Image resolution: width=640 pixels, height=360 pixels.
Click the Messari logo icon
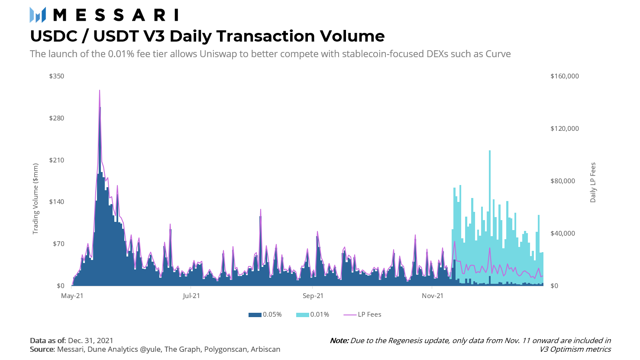point(38,15)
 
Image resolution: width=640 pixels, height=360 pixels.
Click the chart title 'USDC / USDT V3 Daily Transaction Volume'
point(207,36)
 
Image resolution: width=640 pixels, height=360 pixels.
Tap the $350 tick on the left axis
point(56,76)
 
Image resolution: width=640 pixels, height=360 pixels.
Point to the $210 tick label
point(56,160)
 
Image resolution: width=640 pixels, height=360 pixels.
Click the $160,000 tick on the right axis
point(565,76)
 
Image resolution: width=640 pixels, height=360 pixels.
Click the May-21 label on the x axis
point(72,296)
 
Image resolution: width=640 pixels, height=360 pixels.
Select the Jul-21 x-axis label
point(191,296)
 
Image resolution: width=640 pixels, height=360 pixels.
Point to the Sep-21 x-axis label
point(313,296)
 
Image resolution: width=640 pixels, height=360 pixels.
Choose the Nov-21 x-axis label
point(433,296)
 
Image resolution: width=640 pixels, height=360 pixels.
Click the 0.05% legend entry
point(265,315)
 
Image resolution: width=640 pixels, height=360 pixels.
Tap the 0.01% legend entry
point(313,315)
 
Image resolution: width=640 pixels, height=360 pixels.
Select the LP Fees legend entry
point(362,315)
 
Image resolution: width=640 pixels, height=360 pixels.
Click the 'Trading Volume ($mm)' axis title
point(36,199)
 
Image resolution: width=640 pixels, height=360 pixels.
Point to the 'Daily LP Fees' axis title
point(593,182)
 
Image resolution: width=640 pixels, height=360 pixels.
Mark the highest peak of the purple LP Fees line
point(100,91)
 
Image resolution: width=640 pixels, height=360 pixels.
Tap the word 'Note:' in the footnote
point(339,341)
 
